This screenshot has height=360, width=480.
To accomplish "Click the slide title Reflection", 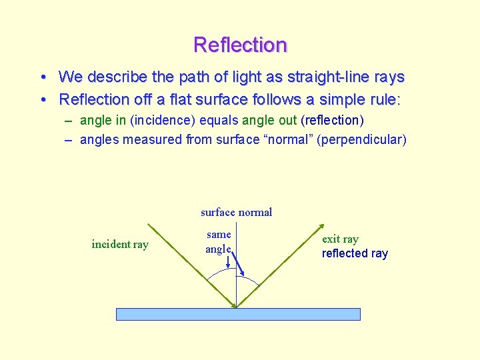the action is click(x=240, y=45).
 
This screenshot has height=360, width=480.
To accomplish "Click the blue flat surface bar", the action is click(x=238, y=314).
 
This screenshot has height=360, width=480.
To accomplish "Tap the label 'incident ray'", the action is click(x=120, y=244).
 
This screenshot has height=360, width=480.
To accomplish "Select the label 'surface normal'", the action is click(x=236, y=212).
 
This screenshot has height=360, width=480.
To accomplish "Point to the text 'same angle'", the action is click(x=219, y=241).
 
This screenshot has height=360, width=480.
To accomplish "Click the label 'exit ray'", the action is click(x=340, y=239).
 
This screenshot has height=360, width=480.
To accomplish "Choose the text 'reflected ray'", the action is click(x=355, y=253).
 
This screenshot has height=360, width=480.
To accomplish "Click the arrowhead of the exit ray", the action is click(x=323, y=225).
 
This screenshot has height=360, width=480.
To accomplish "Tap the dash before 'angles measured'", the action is click(x=69, y=139).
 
